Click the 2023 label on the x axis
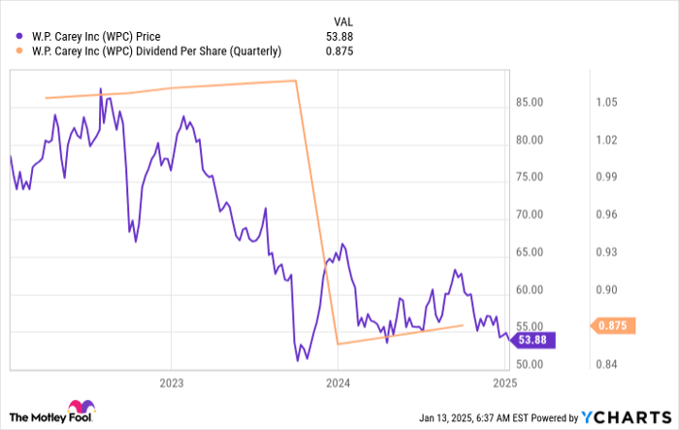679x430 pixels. [x=171, y=382]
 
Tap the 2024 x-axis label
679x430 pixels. [x=338, y=382]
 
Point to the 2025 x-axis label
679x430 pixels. [x=503, y=382]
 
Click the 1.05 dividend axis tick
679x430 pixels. [x=605, y=102]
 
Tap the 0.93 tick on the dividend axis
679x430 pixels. [x=605, y=251]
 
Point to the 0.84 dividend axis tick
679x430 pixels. [x=605, y=364]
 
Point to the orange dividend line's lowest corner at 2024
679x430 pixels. [x=337, y=344]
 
